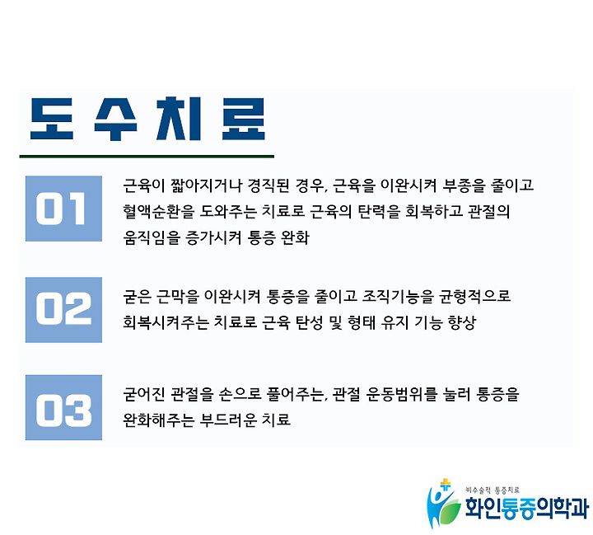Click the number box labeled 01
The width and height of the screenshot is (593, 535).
pos(63,209)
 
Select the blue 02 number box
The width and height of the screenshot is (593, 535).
pos(63,310)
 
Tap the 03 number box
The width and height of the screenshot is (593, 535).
pos(63,407)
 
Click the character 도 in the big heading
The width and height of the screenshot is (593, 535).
pos(51,119)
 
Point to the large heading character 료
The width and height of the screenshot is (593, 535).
pos(244,119)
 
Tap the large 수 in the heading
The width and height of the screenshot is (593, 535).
pos(115,119)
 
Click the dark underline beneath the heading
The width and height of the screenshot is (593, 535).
pos(147,156)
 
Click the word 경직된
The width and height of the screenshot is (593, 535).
pos(268,185)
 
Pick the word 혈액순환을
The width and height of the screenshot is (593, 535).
pos(158,211)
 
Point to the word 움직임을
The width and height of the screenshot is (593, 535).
pos(152,237)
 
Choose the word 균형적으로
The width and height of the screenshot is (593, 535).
pos(475,296)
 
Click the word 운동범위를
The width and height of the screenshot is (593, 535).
pos(402,394)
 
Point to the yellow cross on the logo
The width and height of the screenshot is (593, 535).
pos(446,485)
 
